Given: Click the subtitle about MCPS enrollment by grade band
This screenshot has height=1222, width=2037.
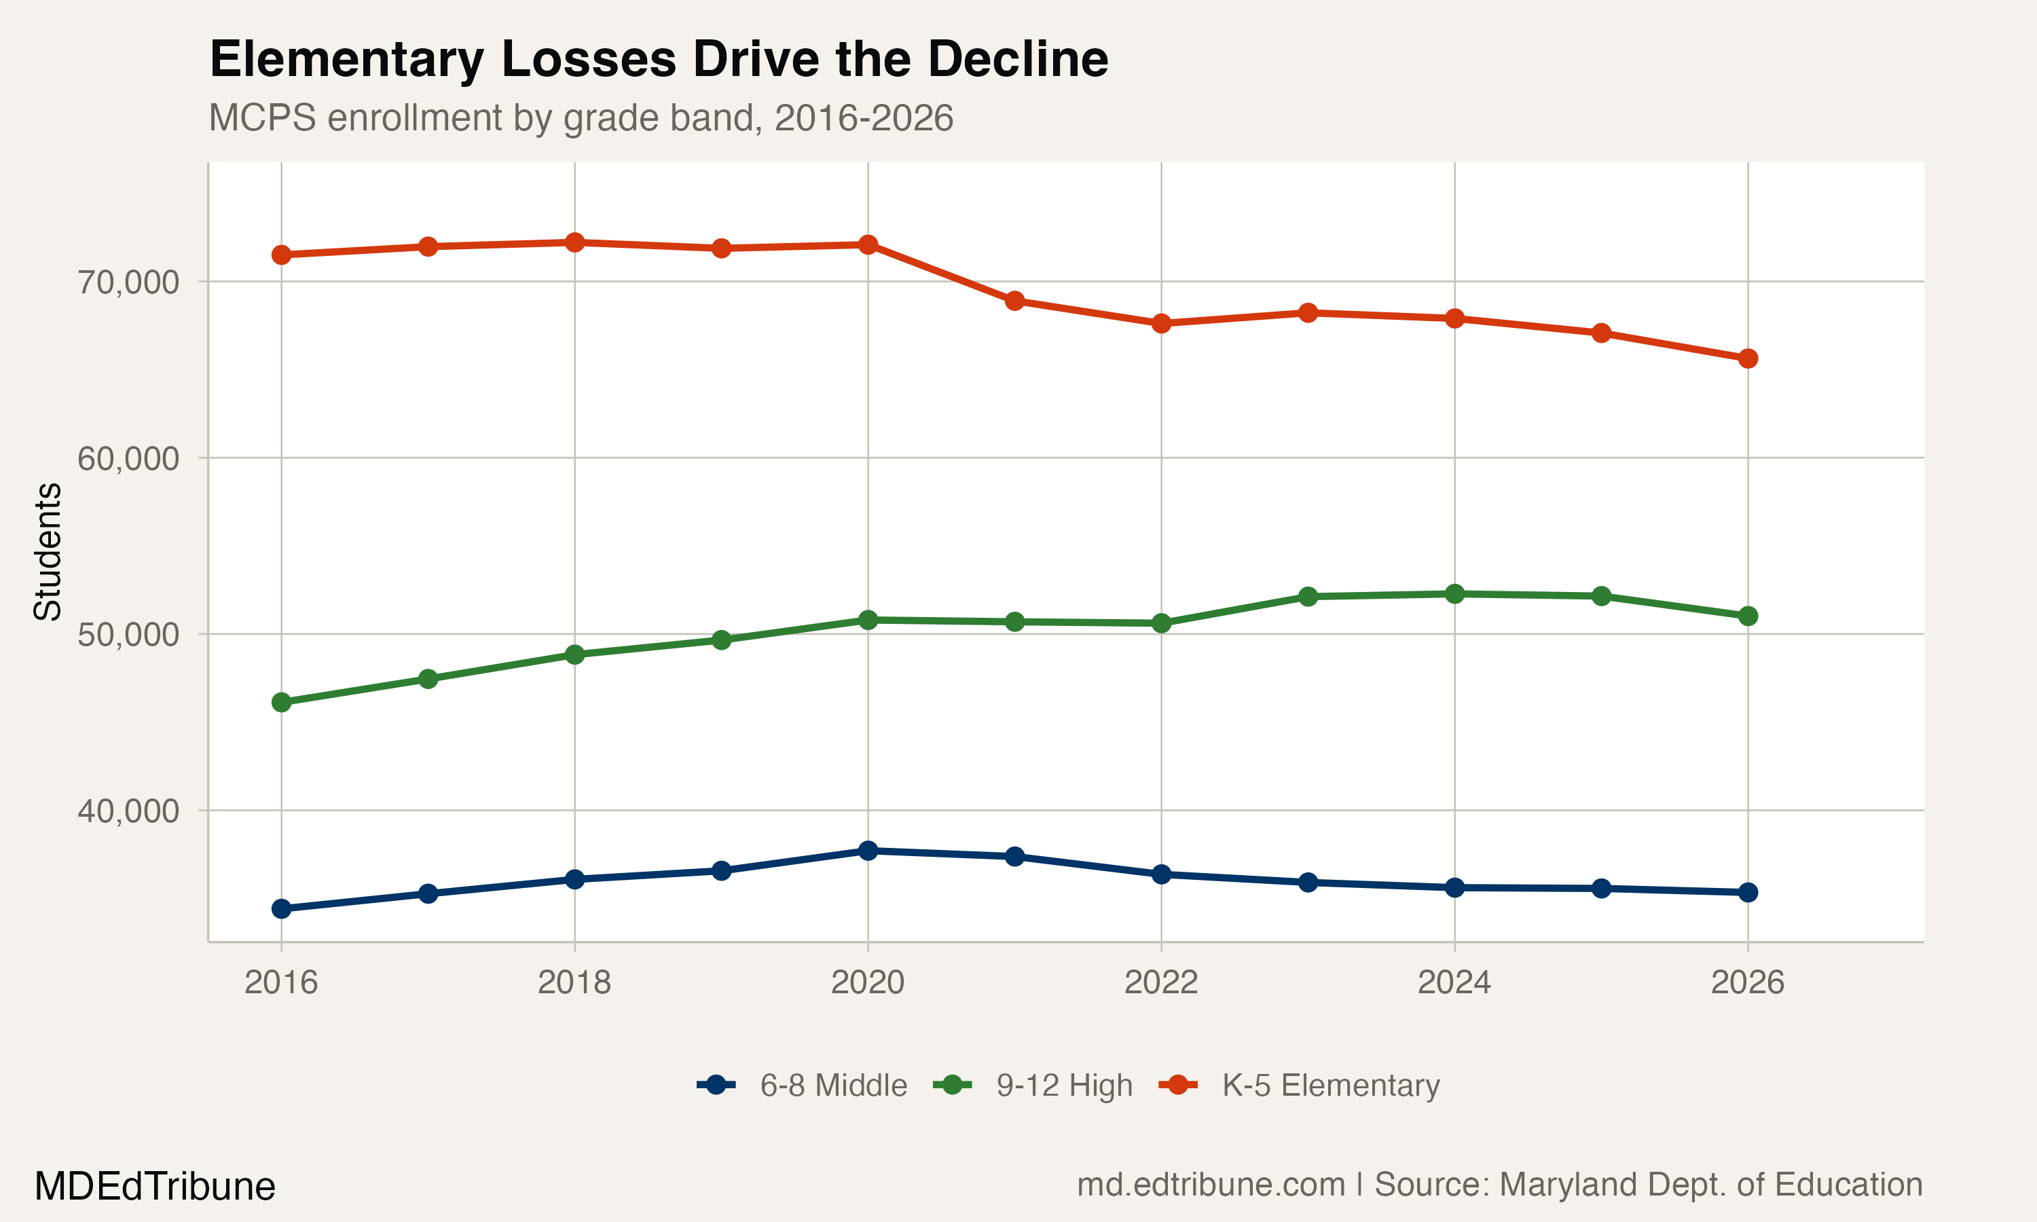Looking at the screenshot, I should pyautogui.click(x=581, y=117).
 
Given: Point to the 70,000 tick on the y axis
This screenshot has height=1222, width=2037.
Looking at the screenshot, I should pyautogui.click(x=128, y=282).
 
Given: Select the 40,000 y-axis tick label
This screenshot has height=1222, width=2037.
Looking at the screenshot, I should pyautogui.click(x=128, y=811).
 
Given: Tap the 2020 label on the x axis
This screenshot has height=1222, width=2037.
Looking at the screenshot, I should pyautogui.click(x=867, y=982).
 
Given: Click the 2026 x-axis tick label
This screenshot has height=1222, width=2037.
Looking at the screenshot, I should pyautogui.click(x=1747, y=982).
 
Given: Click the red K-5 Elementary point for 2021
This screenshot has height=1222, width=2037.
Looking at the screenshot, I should pyautogui.click(x=1014, y=301).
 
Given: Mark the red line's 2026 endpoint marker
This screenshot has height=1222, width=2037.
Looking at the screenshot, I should pyautogui.click(x=1747, y=358).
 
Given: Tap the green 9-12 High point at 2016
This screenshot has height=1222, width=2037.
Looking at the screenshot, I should pyautogui.click(x=282, y=703).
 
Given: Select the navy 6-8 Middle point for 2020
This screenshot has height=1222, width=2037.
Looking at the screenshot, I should pyautogui.click(x=868, y=851).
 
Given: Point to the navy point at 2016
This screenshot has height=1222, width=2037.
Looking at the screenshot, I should pyautogui.click(x=282, y=909).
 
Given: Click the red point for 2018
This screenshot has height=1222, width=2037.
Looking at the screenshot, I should pyautogui.click(x=574, y=242).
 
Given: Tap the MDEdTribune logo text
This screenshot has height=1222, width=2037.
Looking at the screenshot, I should pyautogui.click(x=155, y=1187).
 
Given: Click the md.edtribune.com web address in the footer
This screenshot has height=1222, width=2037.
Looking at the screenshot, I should pyautogui.click(x=1211, y=1185).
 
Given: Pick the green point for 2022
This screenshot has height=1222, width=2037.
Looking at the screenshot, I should pyautogui.click(x=1161, y=623).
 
